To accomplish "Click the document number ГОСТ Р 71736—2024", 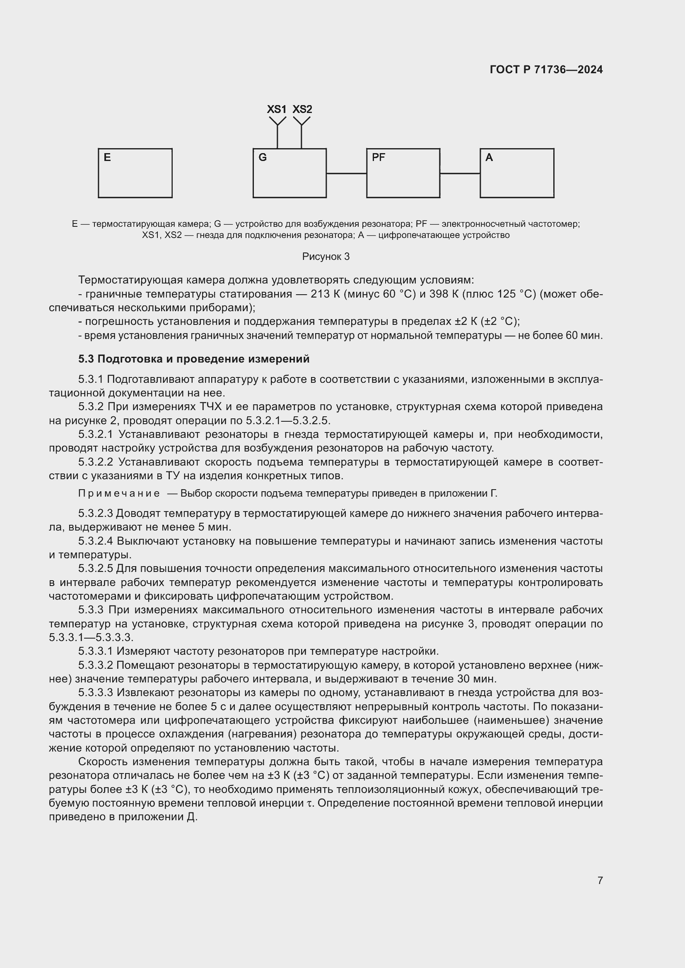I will point(546,70).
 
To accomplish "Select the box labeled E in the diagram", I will point(135,173).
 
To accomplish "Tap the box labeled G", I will point(289,173).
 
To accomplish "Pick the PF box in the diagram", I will point(403,173).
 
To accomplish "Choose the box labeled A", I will point(517,173).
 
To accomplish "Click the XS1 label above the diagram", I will point(277,109).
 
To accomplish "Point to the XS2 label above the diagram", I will point(302,109).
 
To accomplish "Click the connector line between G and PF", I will point(346,173).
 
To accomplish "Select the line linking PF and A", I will point(460,173).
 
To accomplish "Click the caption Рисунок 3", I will point(326,257).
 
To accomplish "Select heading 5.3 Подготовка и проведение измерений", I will point(193,359).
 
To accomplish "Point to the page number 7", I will point(600,880).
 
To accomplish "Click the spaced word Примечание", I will point(119,493).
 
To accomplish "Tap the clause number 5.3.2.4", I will point(96,541).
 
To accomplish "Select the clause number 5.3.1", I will point(91,380).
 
